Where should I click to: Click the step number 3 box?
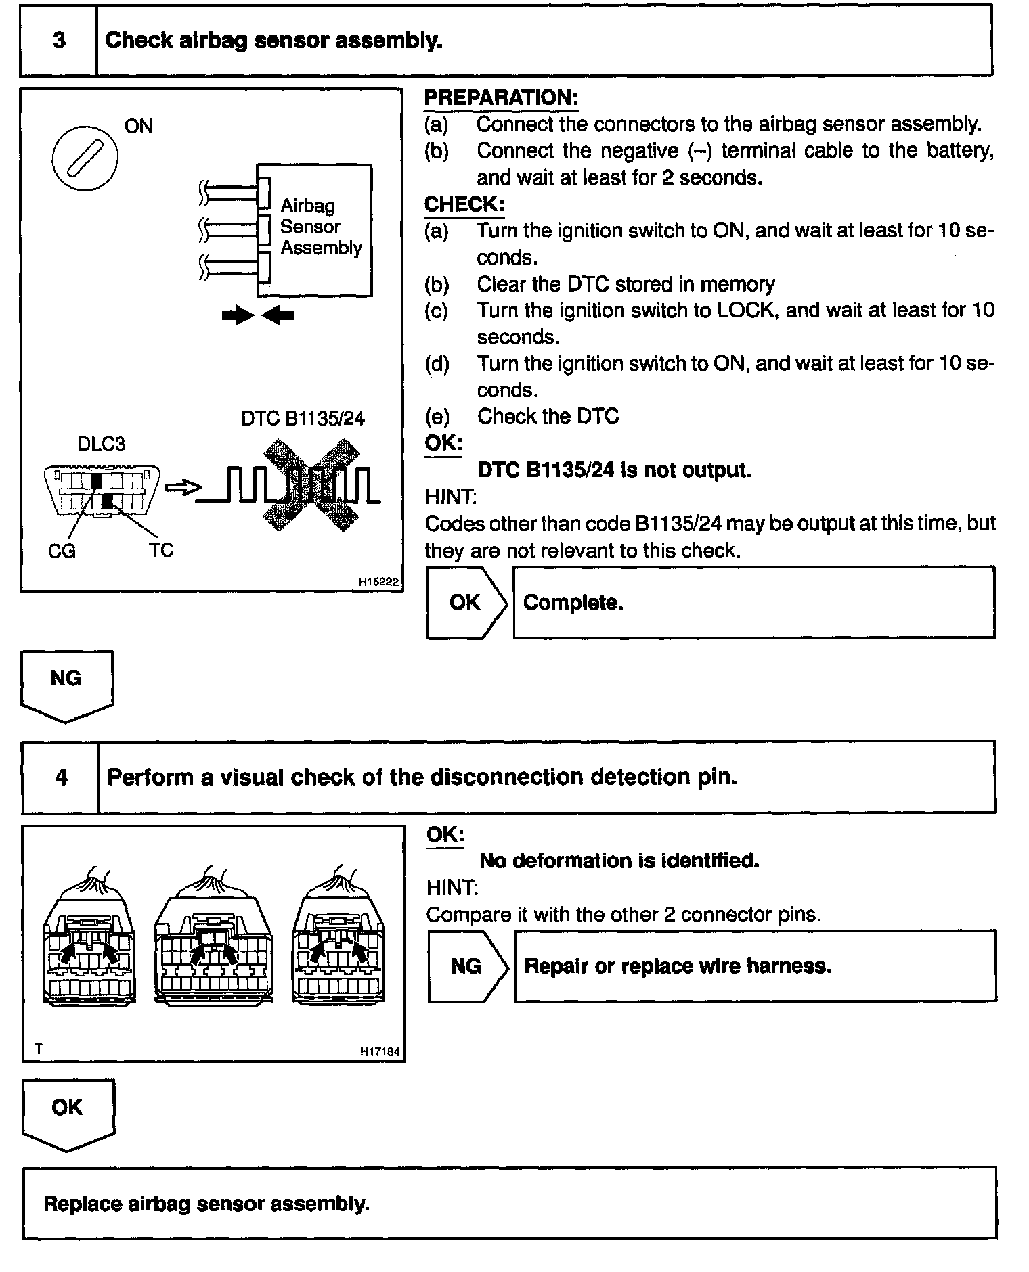click(x=59, y=41)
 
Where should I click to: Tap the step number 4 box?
click(x=61, y=777)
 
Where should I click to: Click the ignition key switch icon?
click(x=85, y=158)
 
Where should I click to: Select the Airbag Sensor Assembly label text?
click(x=320, y=227)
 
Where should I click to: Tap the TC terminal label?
click(x=161, y=550)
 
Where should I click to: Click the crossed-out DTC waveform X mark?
click(x=311, y=484)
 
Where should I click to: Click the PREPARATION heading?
click(x=501, y=97)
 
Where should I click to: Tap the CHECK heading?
click(x=464, y=204)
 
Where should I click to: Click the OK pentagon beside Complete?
click(x=465, y=602)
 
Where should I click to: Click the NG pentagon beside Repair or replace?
click(x=466, y=966)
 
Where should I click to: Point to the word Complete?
click(x=573, y=602)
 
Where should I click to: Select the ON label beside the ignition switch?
click(x=139, y=126)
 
